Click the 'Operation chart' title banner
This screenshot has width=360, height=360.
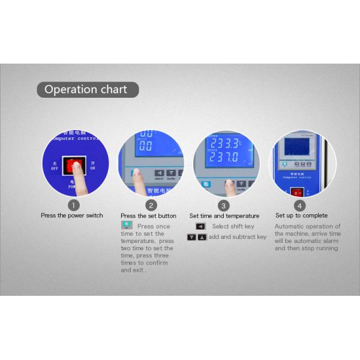click(86, 90)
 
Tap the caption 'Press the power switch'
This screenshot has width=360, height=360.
click(72, 215)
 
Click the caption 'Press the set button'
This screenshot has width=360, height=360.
click(148, 215)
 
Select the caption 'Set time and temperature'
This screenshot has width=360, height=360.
click(224, 215)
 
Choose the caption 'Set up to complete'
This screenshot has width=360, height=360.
click(301, 215)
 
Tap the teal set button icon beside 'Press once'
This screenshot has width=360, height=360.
click(127, 226)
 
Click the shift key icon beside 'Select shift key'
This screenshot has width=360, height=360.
click(201, 226)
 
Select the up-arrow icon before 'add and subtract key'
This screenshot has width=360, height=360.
click(202, 237)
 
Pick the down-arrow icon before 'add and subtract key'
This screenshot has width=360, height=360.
click(191, 237)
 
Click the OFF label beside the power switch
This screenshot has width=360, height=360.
click(55, 166)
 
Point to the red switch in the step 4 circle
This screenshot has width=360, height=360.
click(296, 192)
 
